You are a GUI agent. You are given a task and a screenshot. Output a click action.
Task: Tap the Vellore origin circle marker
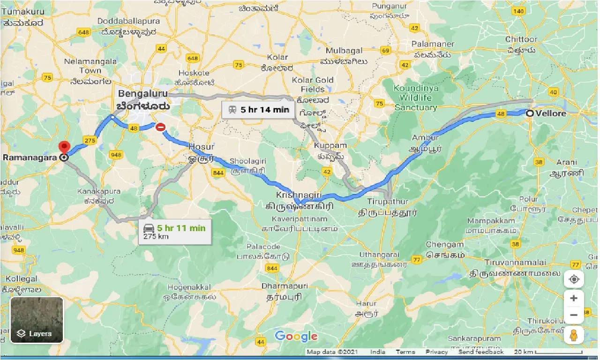pos(529,113)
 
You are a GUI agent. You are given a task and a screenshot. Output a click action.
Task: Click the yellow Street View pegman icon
pos(574,335)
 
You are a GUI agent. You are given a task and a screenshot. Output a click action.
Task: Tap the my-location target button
pos(574,280)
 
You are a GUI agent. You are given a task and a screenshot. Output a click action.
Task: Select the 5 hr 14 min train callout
pos(258,111)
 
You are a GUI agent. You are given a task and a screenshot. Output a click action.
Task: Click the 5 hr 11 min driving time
pos(181,228)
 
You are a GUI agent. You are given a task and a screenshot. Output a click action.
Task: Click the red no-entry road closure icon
pos(160,127)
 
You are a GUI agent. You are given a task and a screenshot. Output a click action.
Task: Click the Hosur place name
pos(201,147)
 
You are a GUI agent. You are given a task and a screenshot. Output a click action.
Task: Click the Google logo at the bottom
pos(296,336)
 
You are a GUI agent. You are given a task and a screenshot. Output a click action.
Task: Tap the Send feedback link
pos(480,352)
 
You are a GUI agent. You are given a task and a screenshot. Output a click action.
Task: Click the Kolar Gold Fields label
pos(313,84)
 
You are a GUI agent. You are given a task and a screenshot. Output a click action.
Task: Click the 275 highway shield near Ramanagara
pos(89,140)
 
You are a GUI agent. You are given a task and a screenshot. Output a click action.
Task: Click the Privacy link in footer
pos(436,352)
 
